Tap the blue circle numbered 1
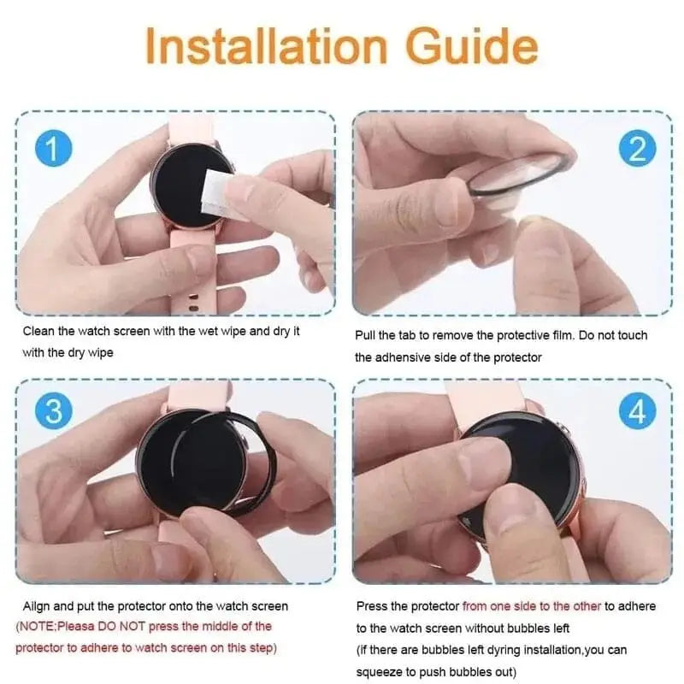(x=52, y=150)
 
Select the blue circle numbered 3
(x=52, y=412)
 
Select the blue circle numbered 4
(x=638, y=413)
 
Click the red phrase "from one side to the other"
(x=531, y=605)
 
